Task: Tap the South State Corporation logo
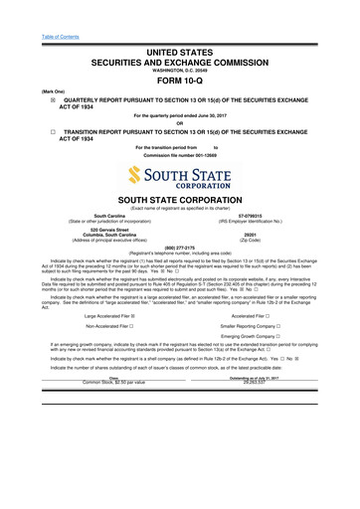[x=180, y=176]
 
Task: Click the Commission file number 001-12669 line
[x=180, y=157]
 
